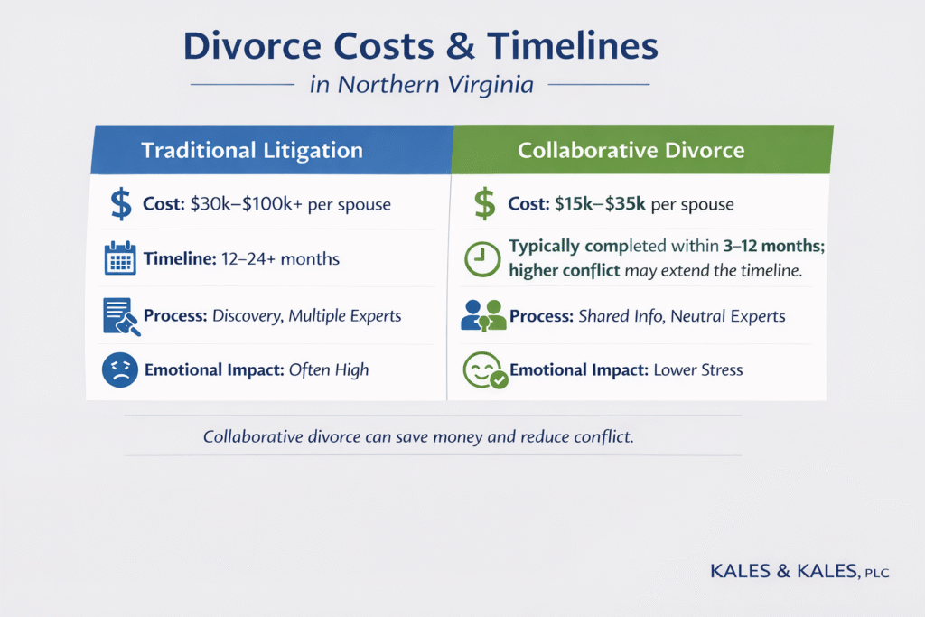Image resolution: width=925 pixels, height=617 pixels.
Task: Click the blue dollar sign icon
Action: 120,204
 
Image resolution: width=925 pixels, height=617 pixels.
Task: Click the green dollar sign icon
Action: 485,204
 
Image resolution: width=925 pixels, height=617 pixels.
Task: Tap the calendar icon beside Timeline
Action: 120,258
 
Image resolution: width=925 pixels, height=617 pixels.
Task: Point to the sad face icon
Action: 119,369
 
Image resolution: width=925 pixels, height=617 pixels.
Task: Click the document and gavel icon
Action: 120,315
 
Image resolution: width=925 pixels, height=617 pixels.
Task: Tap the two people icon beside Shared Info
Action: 483,315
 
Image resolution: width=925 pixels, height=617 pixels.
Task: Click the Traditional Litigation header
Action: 252,150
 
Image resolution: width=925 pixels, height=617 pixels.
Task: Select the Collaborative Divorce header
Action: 631,150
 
